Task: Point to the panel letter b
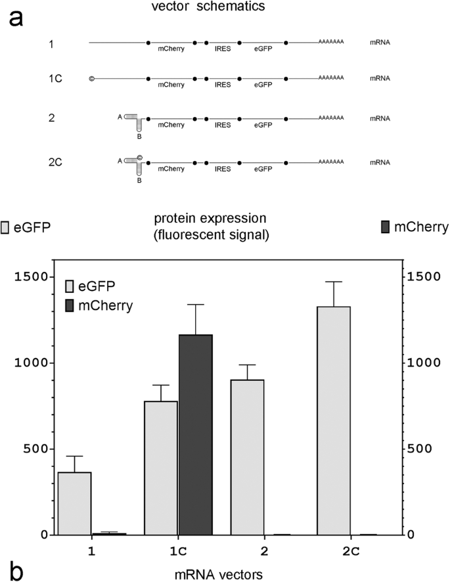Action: [16, 570]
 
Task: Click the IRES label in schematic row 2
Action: [223, 125]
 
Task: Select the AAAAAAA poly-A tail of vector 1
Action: [331, 42]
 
